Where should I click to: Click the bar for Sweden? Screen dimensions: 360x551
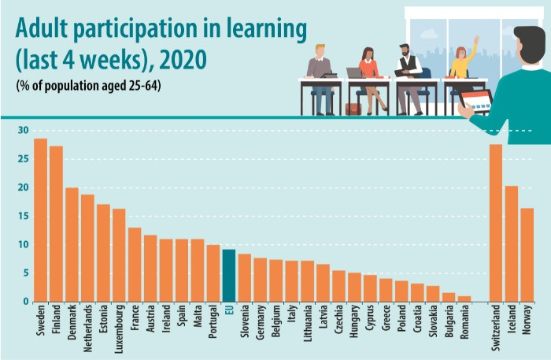(40, 220)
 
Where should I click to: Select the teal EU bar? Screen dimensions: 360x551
(228, 275)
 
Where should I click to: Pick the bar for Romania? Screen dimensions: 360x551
(464, 299)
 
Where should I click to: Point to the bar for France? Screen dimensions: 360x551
(135, 265)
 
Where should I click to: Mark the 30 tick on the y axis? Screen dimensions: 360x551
(23, 131)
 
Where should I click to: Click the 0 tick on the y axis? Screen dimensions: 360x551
(25, 302)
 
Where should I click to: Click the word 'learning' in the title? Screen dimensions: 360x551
(264, 31)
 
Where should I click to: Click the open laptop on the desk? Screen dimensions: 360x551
(354, 72)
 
